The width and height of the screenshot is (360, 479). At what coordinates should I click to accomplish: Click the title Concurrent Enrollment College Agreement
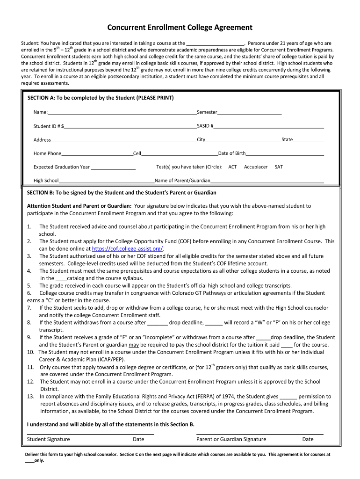pos(180,28)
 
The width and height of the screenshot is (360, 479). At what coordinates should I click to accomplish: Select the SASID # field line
pos(269,127)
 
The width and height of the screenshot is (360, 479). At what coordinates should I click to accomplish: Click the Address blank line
pos(123,140)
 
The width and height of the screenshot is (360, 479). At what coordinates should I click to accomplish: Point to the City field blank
pos(243,140)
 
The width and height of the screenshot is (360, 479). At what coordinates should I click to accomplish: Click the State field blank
pos(309,140)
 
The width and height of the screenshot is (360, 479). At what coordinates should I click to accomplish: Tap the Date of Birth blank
pos(285,154)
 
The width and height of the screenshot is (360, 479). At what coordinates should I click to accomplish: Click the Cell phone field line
pos(180,154)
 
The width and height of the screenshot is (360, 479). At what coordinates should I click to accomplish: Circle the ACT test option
pos(232,167)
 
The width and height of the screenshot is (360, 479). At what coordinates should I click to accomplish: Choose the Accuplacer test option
pos(256,167)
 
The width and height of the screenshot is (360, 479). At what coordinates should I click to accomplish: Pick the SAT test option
pos(279,167)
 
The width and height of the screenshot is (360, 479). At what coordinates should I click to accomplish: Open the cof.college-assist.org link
pos(128,249)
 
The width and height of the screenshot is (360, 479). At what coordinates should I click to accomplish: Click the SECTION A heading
pos(101,98)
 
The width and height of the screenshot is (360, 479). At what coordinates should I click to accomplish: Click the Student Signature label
pos(49,439)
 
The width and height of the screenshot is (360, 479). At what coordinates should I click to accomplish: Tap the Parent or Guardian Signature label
pos(231,439)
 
